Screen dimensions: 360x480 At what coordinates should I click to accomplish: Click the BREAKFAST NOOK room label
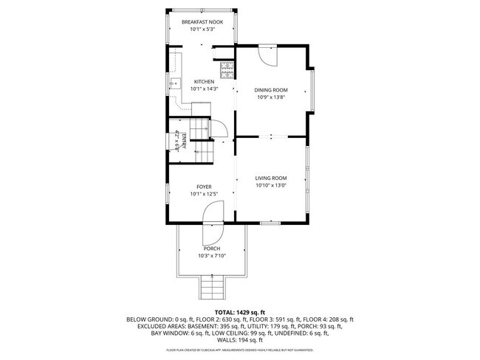click(x=202, y=22)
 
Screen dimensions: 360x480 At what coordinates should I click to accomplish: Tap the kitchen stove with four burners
click(x=228, y=71)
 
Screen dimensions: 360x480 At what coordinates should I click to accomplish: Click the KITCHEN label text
click(x=204, y=81)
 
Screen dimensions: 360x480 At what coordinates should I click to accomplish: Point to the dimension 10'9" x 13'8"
click(x=271, y=97)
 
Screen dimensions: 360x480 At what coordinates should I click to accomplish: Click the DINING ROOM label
click(x=271, y=89)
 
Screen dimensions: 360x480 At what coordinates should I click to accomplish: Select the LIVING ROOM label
click(x=271, y=178)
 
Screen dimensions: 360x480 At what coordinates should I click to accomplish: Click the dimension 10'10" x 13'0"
click(x=271, y=185)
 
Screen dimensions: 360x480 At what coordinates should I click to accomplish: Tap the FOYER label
click(x=204, y=187)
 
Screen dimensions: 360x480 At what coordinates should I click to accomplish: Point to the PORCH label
click(x=211, y=249)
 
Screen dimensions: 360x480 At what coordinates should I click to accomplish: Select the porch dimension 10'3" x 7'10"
click(x=211, y=256)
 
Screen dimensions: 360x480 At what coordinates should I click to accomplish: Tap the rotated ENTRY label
click(x=176, y=141)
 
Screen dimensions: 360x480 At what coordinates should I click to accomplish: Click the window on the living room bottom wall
click(x=271, y=221)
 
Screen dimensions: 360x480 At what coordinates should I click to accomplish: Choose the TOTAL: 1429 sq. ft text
click(x=240, y=312)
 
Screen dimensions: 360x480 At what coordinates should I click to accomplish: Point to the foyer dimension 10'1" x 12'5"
click(x=204, y=194)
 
